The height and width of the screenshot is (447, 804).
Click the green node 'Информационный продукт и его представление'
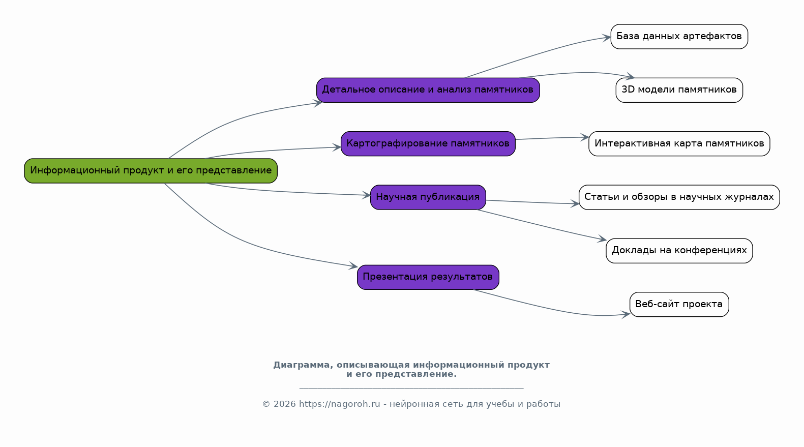pyautogui.click(x=151, y=171)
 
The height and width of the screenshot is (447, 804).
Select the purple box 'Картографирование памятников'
pyautogui.click(x=428, y=143)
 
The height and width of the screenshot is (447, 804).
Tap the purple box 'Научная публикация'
pyautogui.click(x=428, y=197)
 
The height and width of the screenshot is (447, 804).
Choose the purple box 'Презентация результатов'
pyautogui.click(x=428, y=277)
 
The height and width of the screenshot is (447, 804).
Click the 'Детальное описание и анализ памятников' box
pyautogui.click(x=428, y=90)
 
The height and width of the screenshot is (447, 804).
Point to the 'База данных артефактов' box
pyautogui.click(x=679, y=37)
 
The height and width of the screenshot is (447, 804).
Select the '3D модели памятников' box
pyautogui.click(x=679, y=90)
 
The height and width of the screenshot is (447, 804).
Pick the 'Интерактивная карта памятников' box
pyautogui.click(x=679, y=143)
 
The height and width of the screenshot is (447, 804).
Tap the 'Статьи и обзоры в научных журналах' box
pyautogui.click(x=679, y=197)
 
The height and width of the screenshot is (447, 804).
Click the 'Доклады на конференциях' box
pyautogui.click(x=679, y=251)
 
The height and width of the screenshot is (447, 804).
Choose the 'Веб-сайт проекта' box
pyautogui.click(x=679, y=305)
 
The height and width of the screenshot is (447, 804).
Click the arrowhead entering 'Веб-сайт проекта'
pyautogui.click(x=627, y=314)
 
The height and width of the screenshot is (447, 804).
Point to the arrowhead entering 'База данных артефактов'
pyautogui.click(x=607, y=37)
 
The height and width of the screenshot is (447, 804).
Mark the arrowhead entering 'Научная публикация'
pyautogui.click(x=366, y=195)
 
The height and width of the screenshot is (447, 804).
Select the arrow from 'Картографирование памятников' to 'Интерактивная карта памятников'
pyautogui.click(x=552, y=138)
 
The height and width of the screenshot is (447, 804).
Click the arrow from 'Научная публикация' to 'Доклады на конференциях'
pyautogui.click(x=542, y=225)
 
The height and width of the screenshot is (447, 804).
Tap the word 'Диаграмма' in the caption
pyautogui.click(x=302, y=365)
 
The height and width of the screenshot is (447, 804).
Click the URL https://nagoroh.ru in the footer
pyautogui.click(x=339, y=404)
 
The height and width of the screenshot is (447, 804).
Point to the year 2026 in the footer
pyautogui.click(x=285, y=404)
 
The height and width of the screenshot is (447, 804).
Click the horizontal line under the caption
pyautogui.click(x=411, y=388)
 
